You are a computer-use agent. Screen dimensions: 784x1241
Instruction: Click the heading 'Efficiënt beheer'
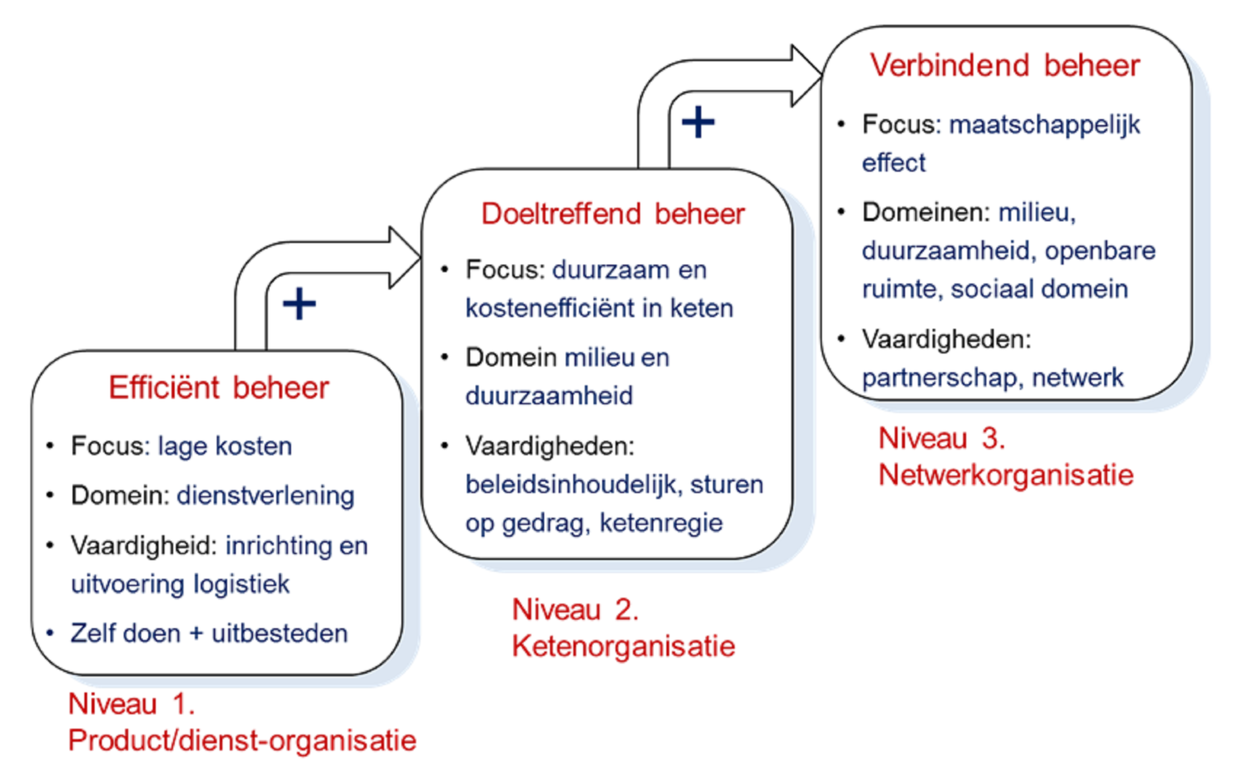coord(219,388)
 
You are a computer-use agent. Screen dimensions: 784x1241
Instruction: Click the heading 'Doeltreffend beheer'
coord(613,214)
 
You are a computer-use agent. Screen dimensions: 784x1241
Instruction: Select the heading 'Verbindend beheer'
coord(1005,65)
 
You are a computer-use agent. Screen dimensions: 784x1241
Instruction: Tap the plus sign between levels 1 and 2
coord(299,304)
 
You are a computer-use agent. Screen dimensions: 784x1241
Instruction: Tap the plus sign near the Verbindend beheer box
coord(698,122)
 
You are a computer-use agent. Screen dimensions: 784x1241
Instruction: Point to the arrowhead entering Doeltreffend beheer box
coord(406,257)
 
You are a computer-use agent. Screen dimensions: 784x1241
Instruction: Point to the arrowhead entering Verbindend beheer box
coord(807,75)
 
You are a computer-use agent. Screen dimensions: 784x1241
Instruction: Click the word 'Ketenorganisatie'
coord(623,646)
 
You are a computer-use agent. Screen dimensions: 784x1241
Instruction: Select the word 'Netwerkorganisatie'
coord(1006,475)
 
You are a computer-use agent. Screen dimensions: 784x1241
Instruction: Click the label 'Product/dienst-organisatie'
coord(242,740)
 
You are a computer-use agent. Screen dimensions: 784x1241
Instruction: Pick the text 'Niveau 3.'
coord(942,438)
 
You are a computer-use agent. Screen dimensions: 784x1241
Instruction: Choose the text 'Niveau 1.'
coord(131,704)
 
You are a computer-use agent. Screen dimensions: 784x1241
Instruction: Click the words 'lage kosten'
coord(225,447)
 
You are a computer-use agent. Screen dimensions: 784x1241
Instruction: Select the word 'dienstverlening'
coord(265,496)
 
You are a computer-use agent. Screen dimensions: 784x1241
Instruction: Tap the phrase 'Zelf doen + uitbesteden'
coord(209,634)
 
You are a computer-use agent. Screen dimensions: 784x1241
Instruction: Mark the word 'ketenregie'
coord(661,523)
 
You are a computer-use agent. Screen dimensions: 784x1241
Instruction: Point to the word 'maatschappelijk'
coord(1044,125)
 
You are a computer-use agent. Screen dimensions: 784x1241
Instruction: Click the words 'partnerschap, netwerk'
coord(993,378)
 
